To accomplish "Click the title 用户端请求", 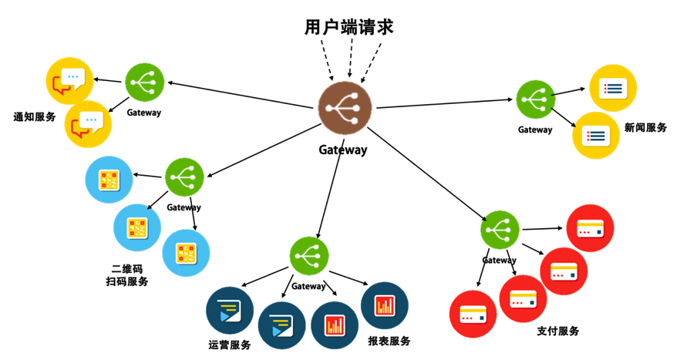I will (x=348, y=27).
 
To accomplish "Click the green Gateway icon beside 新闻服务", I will (x=535, y=99).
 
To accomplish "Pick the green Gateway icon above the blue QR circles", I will (x=184, y=177).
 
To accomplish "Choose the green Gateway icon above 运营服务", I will (x=309, y=256).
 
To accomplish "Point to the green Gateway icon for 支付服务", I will (x=500, y=230).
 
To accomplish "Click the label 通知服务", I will (x=35, y=117).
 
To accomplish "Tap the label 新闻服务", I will (x=645, y=127).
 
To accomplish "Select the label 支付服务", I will (x=557, y=331).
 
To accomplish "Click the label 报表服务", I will (x=389, y=341).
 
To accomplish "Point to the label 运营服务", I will (x=230, y=345).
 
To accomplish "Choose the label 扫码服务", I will (x=127, y=281).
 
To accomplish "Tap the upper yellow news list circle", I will (x=613, y=88).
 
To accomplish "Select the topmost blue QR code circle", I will (x=109, y=180).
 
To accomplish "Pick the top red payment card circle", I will (x=590, y=228).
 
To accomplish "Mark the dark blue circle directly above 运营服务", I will (x=230, y=309).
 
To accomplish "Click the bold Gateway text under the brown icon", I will (x=342, y=150).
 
